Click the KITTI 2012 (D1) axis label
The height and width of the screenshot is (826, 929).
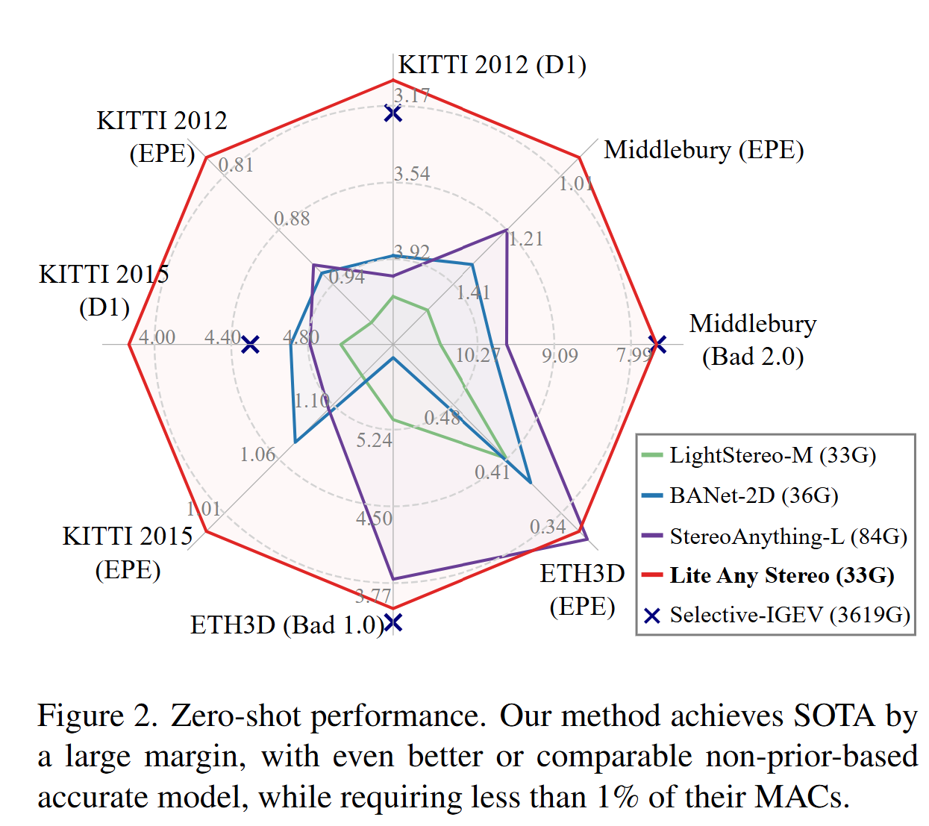[492, 65]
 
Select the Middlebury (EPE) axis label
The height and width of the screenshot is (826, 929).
[703, 150]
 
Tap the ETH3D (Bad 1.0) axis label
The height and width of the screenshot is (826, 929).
[287, 625]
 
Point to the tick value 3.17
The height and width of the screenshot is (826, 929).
[412, 96]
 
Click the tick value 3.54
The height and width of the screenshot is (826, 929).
[412, 174]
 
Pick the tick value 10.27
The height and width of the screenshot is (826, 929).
[478, 355]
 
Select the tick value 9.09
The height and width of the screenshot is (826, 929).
[560, 355]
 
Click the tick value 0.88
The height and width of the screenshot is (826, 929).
[292, 219]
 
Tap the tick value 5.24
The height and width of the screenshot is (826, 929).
[374, 440]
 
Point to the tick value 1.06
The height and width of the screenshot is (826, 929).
[257, 454]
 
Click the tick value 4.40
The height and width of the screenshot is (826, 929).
[222, 337]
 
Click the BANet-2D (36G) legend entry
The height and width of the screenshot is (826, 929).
[754, 495]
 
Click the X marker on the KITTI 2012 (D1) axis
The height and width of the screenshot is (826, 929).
[392, 113]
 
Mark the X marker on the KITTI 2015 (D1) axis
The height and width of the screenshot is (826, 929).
[251, 344]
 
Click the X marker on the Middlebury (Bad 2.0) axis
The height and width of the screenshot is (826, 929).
[657, 344]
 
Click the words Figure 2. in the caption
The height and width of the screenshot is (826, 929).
[98, 716]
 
